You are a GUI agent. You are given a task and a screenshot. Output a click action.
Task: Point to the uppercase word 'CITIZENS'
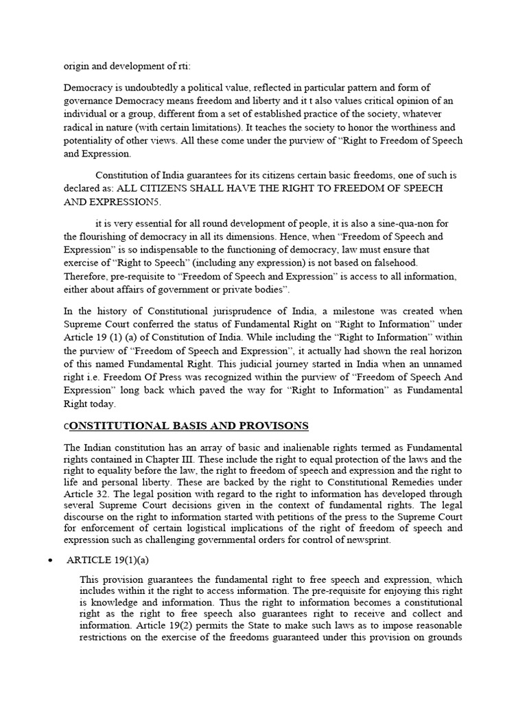163,187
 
